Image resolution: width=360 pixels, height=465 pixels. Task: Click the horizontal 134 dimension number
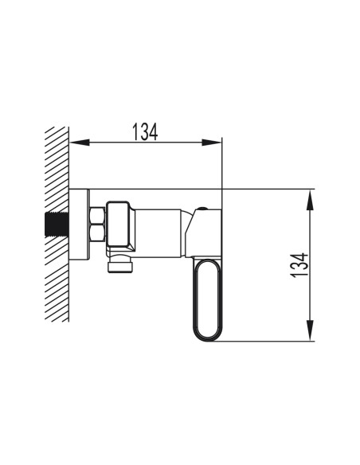point(145,132)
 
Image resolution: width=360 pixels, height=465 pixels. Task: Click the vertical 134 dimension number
point(299,265)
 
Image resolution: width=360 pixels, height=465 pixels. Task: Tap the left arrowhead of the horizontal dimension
point(80,143)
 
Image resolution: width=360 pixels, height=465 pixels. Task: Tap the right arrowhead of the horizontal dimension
point(212,143)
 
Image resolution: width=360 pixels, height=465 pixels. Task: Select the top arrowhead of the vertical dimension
point(310,200)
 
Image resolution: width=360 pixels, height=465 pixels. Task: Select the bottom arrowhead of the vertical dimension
point(310,330)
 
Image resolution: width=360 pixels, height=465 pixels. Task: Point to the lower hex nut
point(97,233)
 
